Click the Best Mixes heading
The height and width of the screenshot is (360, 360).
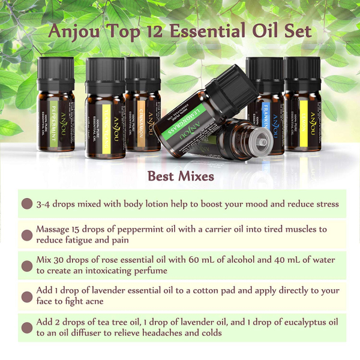(181, 176)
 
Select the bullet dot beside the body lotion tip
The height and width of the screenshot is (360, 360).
(26, 204)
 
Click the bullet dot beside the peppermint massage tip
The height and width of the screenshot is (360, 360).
(26, 235)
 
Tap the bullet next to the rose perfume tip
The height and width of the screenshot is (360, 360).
(26, 265)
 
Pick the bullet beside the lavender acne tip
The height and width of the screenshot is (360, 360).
(26, 296)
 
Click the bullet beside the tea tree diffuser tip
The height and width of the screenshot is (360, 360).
(26, 328)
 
